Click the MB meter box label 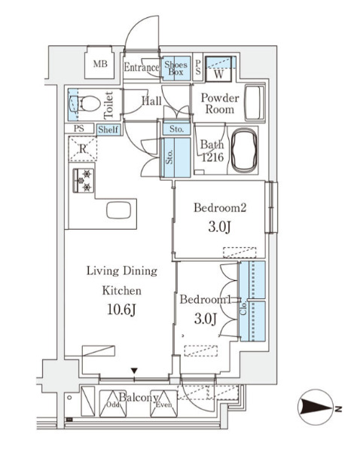(100, 64)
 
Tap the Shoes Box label (175, 68)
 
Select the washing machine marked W (218, 69)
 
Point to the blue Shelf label (108, 130)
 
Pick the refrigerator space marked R (83, 148)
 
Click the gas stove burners (84, 181)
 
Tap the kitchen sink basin (118, 210)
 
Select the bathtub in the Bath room (244, 150)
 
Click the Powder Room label (220, 103)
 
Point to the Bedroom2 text (220, 208)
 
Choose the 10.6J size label (121, 310)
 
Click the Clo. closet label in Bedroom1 (244, 307)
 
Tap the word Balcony (139, 398)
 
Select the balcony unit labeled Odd (113, 404)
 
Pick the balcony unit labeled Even (163, 404)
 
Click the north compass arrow (316, 408)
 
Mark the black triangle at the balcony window (134, 371)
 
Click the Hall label (151, 101)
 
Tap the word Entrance (142, 67)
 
